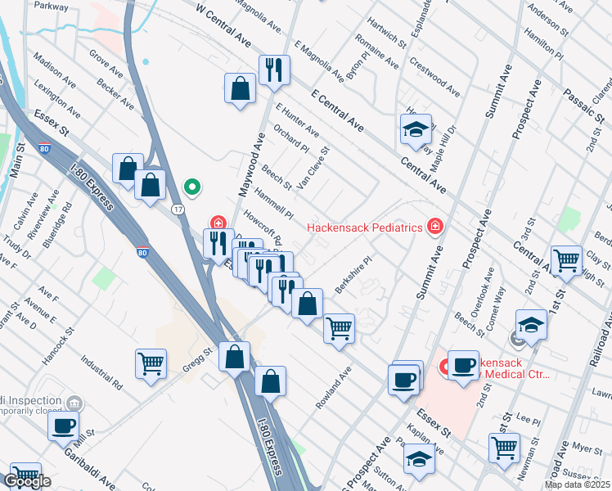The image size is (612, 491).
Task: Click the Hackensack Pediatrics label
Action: click(x=364, y=227)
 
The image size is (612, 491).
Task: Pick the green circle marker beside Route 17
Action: click(x=192, y=188)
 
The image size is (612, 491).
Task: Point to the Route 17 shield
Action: click(x=177, y=210)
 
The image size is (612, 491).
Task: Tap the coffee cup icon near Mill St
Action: click(x=64, y=426)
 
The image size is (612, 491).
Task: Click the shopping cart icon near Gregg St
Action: click(x=151, y=363)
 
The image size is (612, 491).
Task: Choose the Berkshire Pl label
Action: click(x=353, y=269)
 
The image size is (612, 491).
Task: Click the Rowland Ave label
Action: click(x=333, y=389)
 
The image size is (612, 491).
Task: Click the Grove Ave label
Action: click(x=106, y=67)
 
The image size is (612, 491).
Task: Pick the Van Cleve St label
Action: click(x=313, y=168)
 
